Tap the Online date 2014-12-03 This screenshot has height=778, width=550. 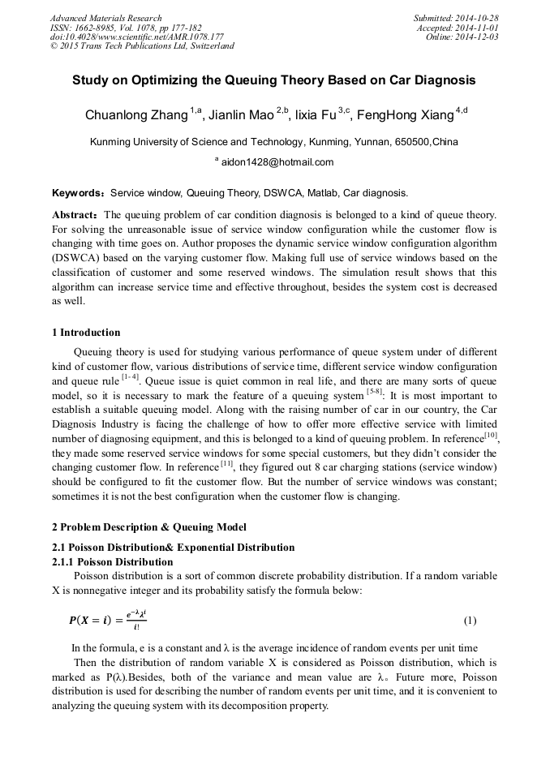click(479, 37)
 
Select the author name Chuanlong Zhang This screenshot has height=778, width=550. click(136, 115)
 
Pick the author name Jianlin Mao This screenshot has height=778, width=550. click(241, 115)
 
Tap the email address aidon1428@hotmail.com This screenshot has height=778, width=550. click(277, 162)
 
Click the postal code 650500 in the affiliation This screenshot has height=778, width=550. click(412, 141)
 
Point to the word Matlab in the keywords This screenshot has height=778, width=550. click(322, 194)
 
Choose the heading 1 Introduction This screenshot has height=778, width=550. click(86, 333)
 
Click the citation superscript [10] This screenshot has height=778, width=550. click(491, 436)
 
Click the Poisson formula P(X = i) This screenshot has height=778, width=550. click(108, 621)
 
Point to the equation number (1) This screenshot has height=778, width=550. click(470, 621)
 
